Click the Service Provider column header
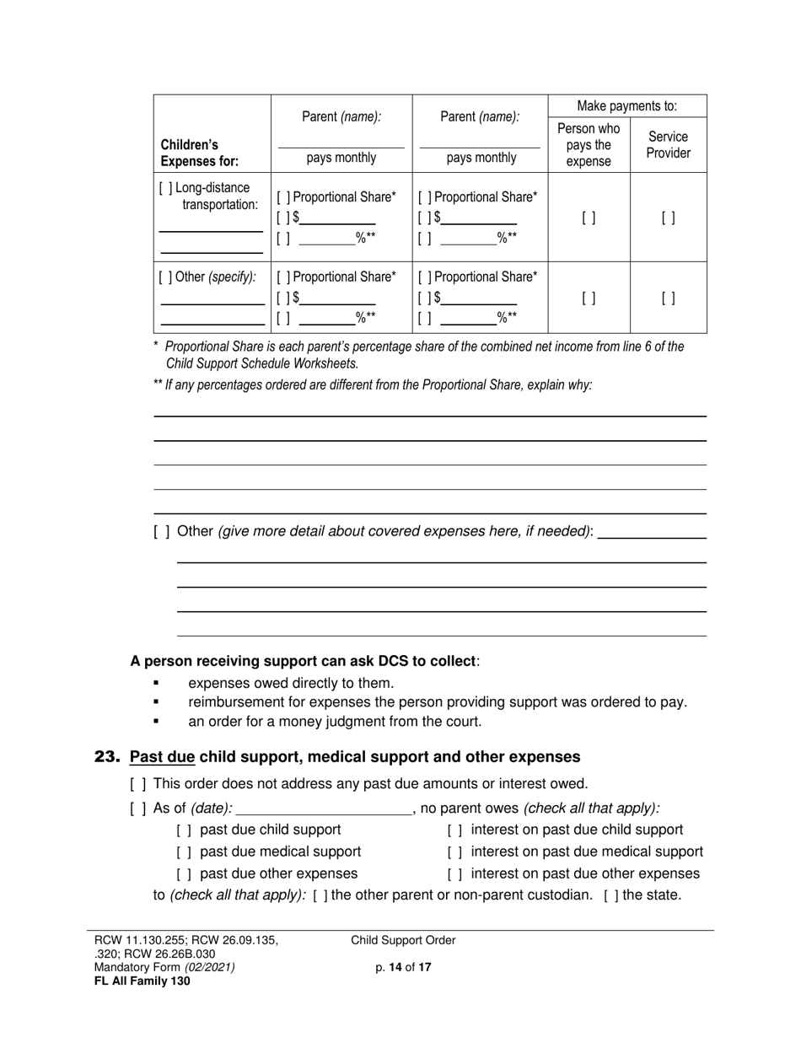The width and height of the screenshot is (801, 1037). (x=668, y=145)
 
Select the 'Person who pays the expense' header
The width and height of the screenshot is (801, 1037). (x=589, y=145)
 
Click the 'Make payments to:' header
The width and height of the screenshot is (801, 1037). (x=626, y=106)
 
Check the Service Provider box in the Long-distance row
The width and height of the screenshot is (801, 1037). (x=668, y=218)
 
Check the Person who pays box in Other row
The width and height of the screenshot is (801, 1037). (x=589, y=298)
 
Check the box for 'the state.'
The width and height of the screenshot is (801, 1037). (x=610, y=895)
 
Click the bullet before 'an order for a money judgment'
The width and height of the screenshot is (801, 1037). (x=156, y=723)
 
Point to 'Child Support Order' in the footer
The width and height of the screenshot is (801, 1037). (x=403, y=941)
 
